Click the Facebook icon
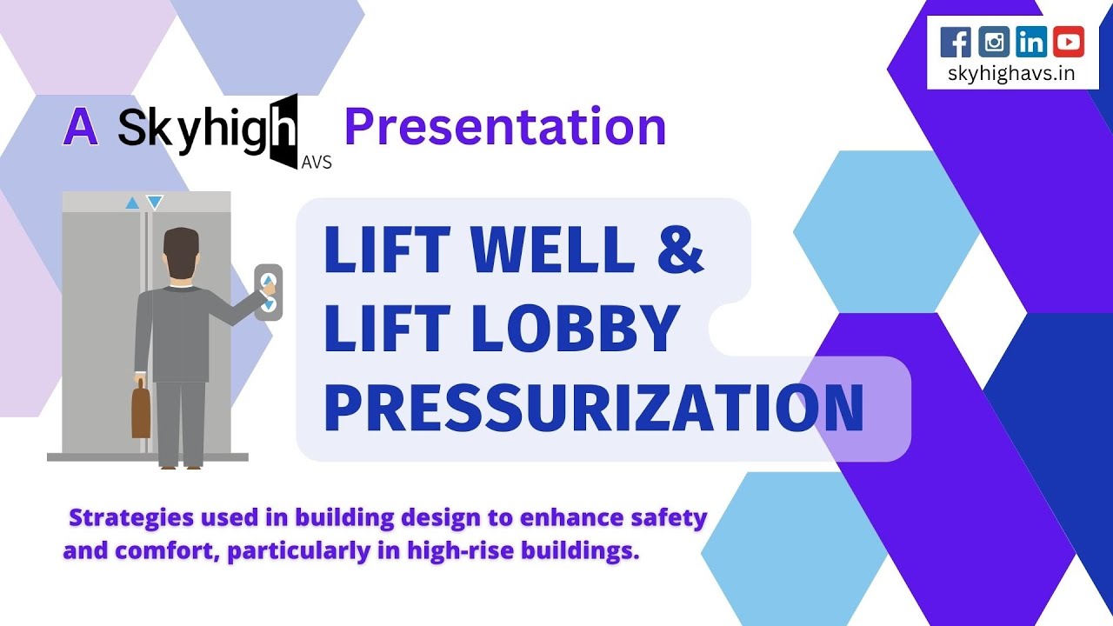coord(956,42)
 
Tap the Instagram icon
coord(994,42)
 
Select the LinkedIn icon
coord(1031,42)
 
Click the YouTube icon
coord(1069,42)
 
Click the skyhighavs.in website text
coord(1012,73)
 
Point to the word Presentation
coord(505,127)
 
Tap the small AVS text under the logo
coord(316,162)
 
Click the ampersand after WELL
coord(676,249)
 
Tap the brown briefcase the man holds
coord(141,411)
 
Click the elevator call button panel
coord(269,292)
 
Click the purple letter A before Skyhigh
coord(80,128)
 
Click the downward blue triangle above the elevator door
coord(155,203)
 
